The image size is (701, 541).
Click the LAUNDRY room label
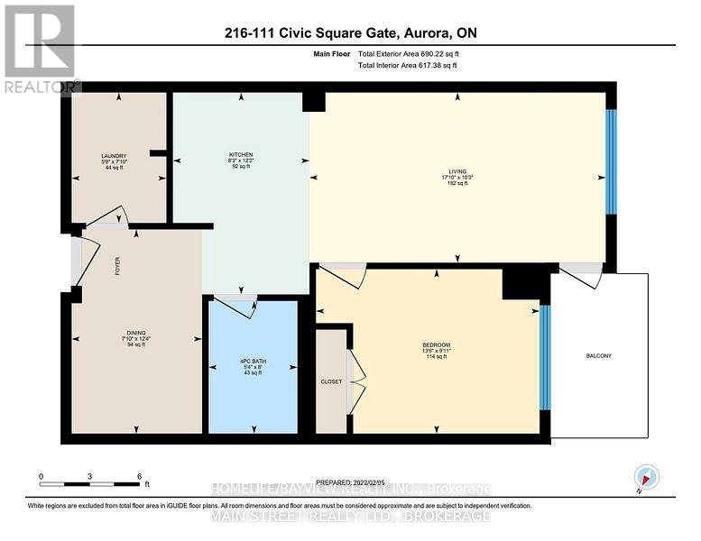tap(113, 156)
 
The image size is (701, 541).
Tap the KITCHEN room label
tap(240, 154)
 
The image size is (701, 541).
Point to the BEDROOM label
tap(436, 344)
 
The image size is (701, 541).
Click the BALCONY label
tap(598, 356)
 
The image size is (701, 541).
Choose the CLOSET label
tap(331, 381)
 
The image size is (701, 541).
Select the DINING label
tap(136, 332)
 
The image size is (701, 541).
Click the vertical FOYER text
tap(117, 266)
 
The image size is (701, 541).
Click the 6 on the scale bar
tap(139, 475)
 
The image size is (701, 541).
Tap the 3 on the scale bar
tap(90, 475)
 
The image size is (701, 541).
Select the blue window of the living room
tap(611, 162)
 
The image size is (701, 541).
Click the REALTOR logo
tap(41, 50)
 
